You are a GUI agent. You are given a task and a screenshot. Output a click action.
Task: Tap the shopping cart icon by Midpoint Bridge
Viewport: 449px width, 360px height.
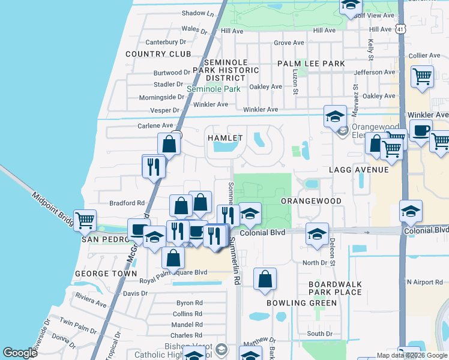tap(85, 220)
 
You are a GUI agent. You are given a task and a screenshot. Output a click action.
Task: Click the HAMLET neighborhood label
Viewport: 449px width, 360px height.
tap(225, 138)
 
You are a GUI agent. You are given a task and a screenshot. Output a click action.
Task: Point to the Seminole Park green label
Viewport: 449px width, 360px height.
tap(213, 89)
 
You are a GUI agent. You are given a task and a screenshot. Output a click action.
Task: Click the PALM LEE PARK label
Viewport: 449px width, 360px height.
tap(311, 64)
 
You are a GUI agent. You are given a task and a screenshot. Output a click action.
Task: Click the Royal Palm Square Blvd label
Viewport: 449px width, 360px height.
tap(173, 272)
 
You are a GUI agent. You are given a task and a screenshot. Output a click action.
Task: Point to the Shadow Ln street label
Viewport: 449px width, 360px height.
tap(197, 13)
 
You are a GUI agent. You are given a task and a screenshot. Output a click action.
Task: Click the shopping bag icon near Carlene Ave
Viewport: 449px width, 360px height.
tap(169, 143)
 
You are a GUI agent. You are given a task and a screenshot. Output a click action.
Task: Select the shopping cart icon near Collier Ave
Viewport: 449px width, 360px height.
tap(423, 77)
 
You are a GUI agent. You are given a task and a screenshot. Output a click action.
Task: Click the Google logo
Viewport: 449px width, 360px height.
tap(20, 353)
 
